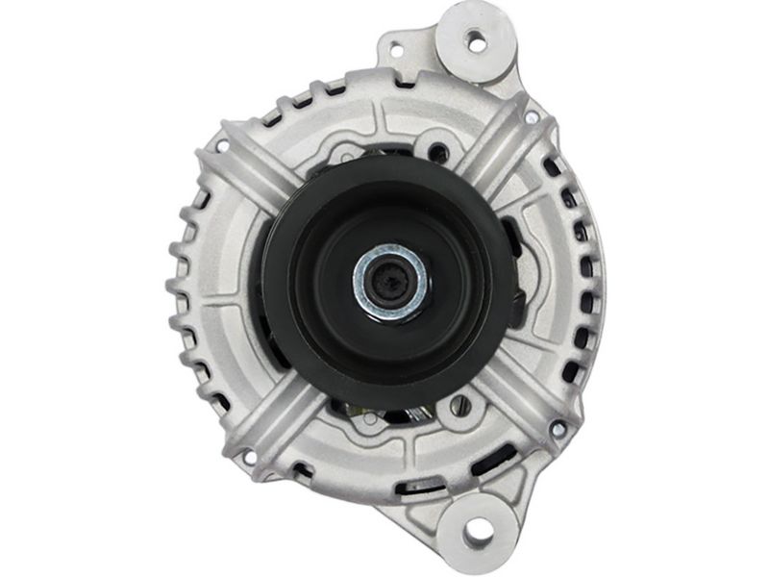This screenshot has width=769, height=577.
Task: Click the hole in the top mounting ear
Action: pos(475,40)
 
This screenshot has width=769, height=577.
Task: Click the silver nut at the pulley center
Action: pos(391,282)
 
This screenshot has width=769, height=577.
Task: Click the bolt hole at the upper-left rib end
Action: pos(222,147)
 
